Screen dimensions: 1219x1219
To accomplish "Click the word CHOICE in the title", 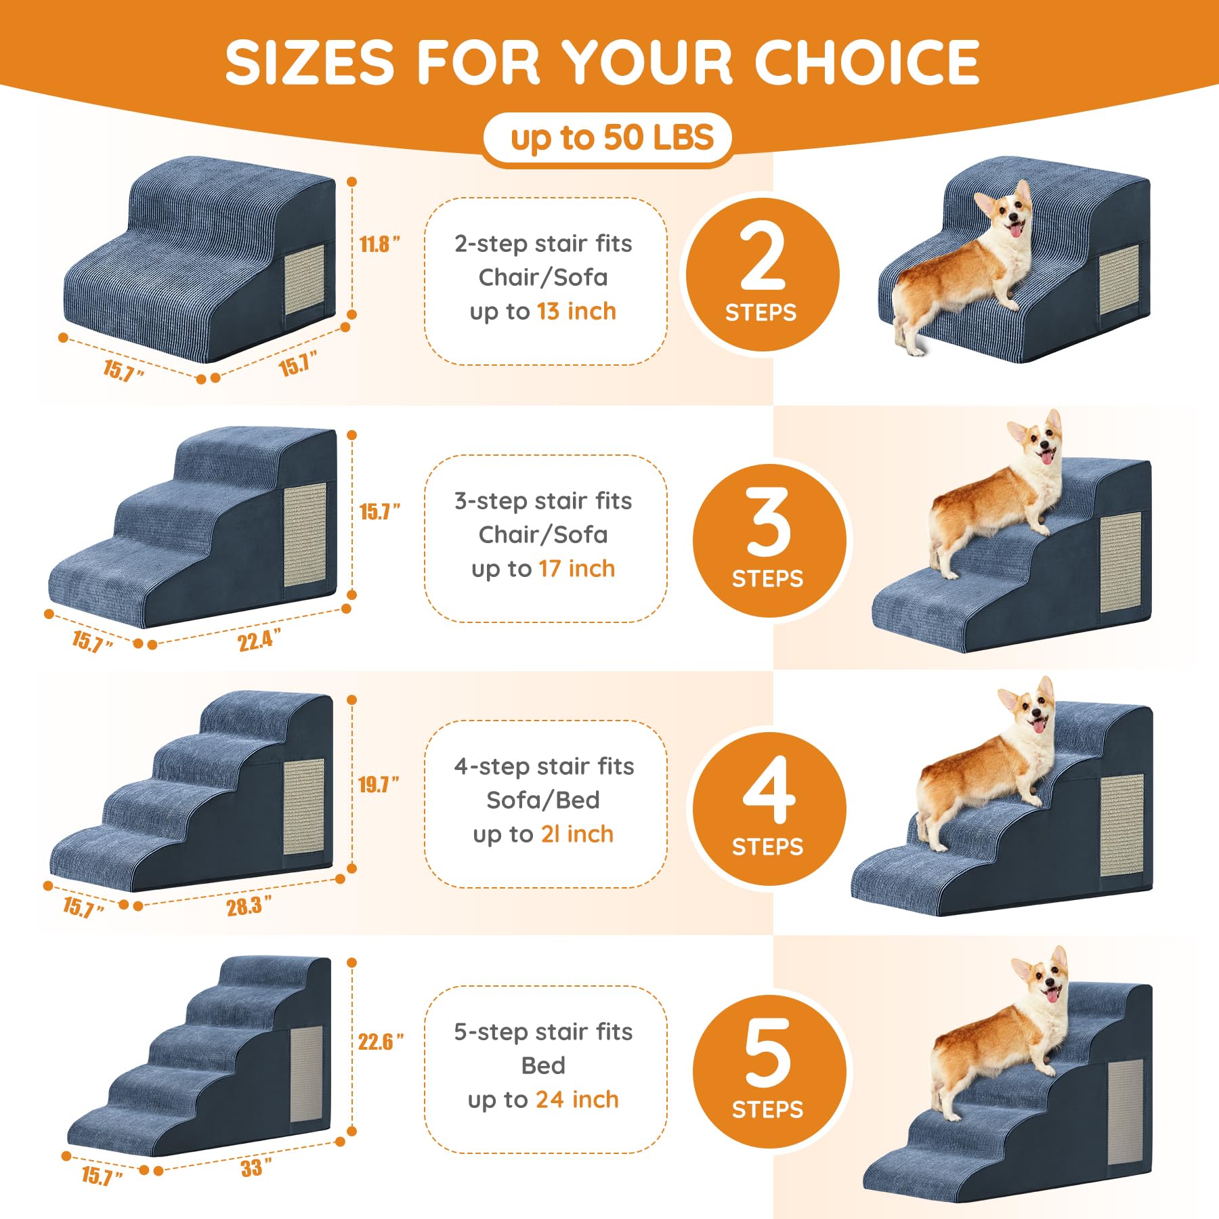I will tap(867, 62).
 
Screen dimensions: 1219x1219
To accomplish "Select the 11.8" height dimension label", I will tap(379, 244).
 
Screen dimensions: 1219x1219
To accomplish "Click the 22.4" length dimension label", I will tap(259, 639).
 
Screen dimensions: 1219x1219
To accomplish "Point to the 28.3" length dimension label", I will tap(249, 905).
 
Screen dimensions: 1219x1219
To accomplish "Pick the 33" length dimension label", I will tap(256, 1167).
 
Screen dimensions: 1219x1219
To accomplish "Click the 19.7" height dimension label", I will tap(378, 784).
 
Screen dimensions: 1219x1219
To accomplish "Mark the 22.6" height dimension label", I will tap(381, 1041).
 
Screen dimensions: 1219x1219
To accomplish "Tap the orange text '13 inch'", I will tap(576, 312).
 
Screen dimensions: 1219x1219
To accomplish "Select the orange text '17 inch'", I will tap(577, 569).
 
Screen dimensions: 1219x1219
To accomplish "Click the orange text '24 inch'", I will tap(577, 1099).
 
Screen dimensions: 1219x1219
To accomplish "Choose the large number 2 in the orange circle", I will tap(763, 257).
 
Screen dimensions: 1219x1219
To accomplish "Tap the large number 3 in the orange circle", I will tap(769, 521).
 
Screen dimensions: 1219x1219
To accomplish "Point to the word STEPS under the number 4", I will tap(767, 847).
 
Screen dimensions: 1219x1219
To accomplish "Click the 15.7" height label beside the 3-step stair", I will tap(379, 511).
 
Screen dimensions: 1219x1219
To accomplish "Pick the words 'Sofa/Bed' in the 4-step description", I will tap(543, 800).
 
